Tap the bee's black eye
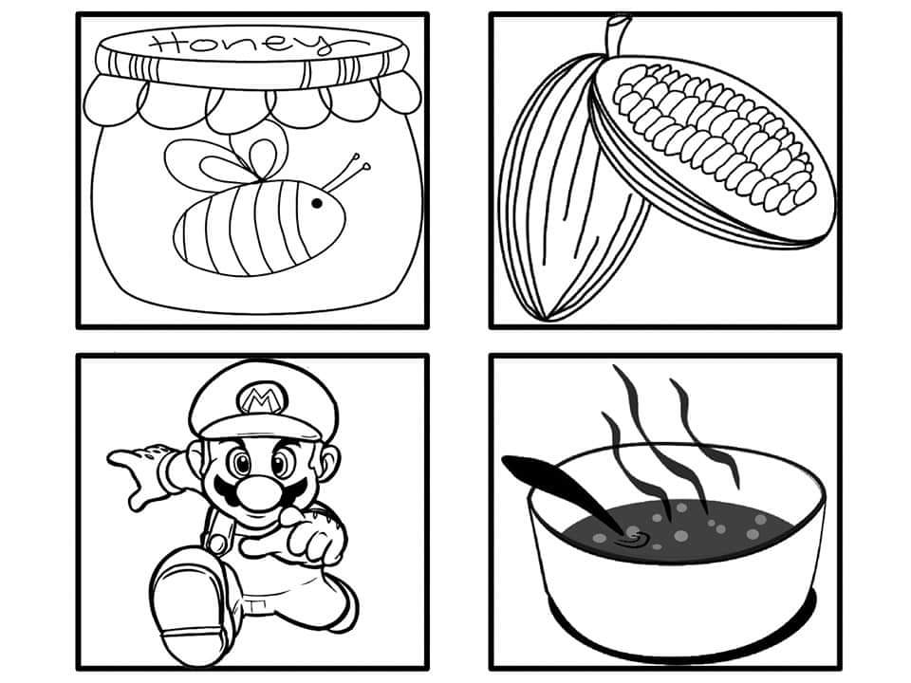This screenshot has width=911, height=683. tap(317, 203)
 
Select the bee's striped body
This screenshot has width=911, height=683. tap(259, 227)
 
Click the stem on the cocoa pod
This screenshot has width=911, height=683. tap(616, 36)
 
